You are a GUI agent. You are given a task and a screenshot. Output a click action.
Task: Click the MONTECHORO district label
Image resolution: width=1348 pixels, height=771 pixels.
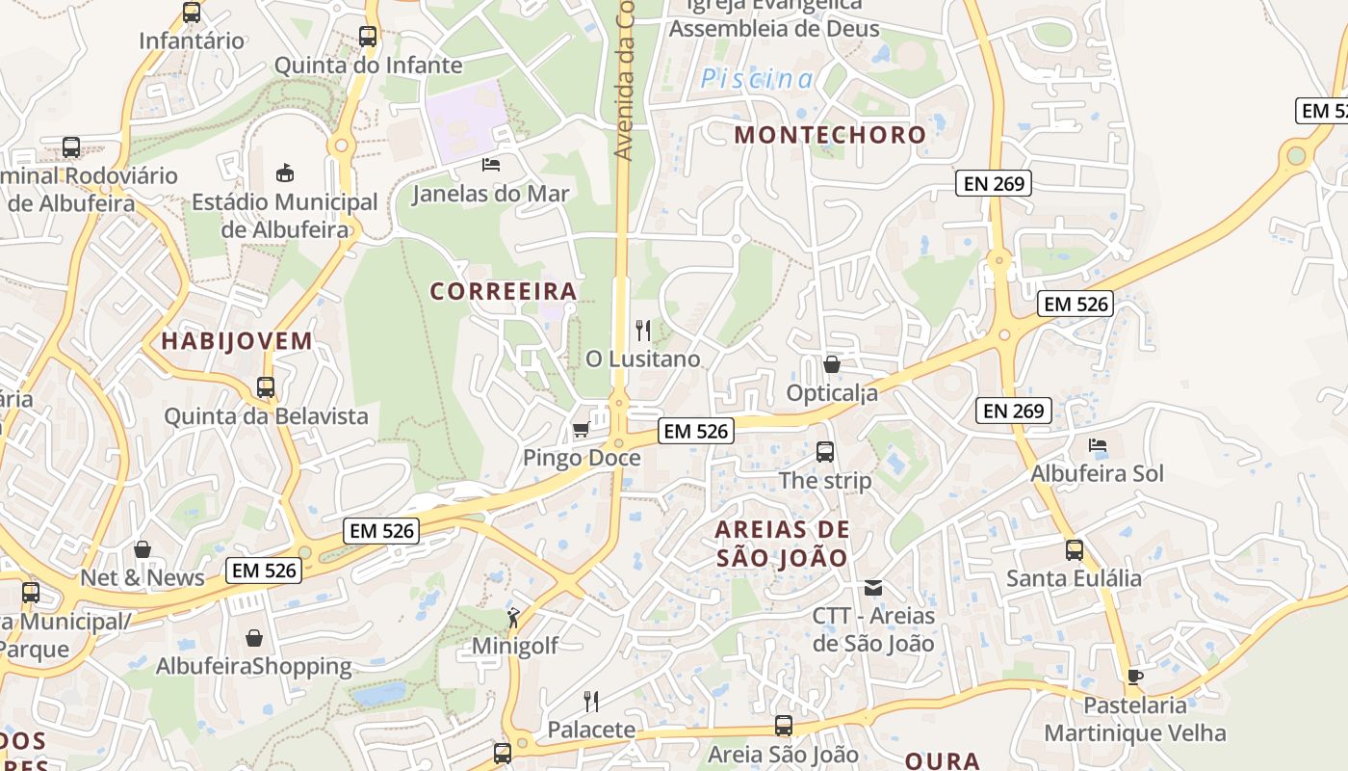[x=830, y=135]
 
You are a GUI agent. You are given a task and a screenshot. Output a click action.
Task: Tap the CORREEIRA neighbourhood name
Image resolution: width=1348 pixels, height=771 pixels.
[x=504, y=291]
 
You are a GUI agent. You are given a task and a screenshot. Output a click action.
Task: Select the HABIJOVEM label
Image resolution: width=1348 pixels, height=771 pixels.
[x=237, y=341]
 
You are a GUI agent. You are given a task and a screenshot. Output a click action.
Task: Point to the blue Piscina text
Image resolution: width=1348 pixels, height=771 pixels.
[x=757, y=79]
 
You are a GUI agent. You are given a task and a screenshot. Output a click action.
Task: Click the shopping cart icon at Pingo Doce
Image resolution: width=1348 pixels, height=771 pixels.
[x=581, y=429]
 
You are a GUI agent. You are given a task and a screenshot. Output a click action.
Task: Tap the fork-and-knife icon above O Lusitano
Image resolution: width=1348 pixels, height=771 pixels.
[x=643, y=331]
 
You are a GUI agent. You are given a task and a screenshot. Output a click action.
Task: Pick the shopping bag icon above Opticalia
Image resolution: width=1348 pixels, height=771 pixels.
[x=832, y=364]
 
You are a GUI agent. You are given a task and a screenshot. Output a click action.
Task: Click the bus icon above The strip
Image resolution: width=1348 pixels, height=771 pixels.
[x=824, y=451]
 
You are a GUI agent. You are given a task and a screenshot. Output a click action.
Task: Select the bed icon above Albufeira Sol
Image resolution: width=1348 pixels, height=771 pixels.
[x=1097, y=445]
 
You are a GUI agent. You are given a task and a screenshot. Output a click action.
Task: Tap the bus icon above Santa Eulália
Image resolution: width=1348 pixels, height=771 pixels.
[x=1074, y=550]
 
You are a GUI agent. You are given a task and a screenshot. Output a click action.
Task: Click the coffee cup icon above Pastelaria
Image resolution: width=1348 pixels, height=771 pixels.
[x=1135, y=677]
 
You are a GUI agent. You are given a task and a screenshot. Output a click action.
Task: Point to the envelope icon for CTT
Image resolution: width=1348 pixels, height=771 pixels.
[x=873, y=587]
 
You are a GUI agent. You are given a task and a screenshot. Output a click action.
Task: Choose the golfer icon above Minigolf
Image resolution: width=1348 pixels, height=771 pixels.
[x=514, y=617]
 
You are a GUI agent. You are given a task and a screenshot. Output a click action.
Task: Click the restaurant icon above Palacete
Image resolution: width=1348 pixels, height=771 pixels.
[x=591, y=701]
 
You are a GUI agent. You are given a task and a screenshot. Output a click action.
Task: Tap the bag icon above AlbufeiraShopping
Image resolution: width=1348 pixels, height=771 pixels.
[x=254, y=638]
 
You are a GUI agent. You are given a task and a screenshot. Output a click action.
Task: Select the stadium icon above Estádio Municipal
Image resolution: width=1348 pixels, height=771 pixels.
[x=285, y=173]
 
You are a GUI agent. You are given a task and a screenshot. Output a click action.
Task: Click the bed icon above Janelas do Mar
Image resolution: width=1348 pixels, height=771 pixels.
[x=491, y=165]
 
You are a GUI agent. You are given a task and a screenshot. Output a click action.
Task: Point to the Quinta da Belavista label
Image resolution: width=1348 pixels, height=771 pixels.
[x=266, y=416]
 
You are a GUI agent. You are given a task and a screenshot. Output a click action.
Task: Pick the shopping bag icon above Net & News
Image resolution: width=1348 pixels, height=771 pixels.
[x=143, y=549]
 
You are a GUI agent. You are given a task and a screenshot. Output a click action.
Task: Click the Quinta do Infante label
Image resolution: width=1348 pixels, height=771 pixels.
[x=368, y=66]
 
